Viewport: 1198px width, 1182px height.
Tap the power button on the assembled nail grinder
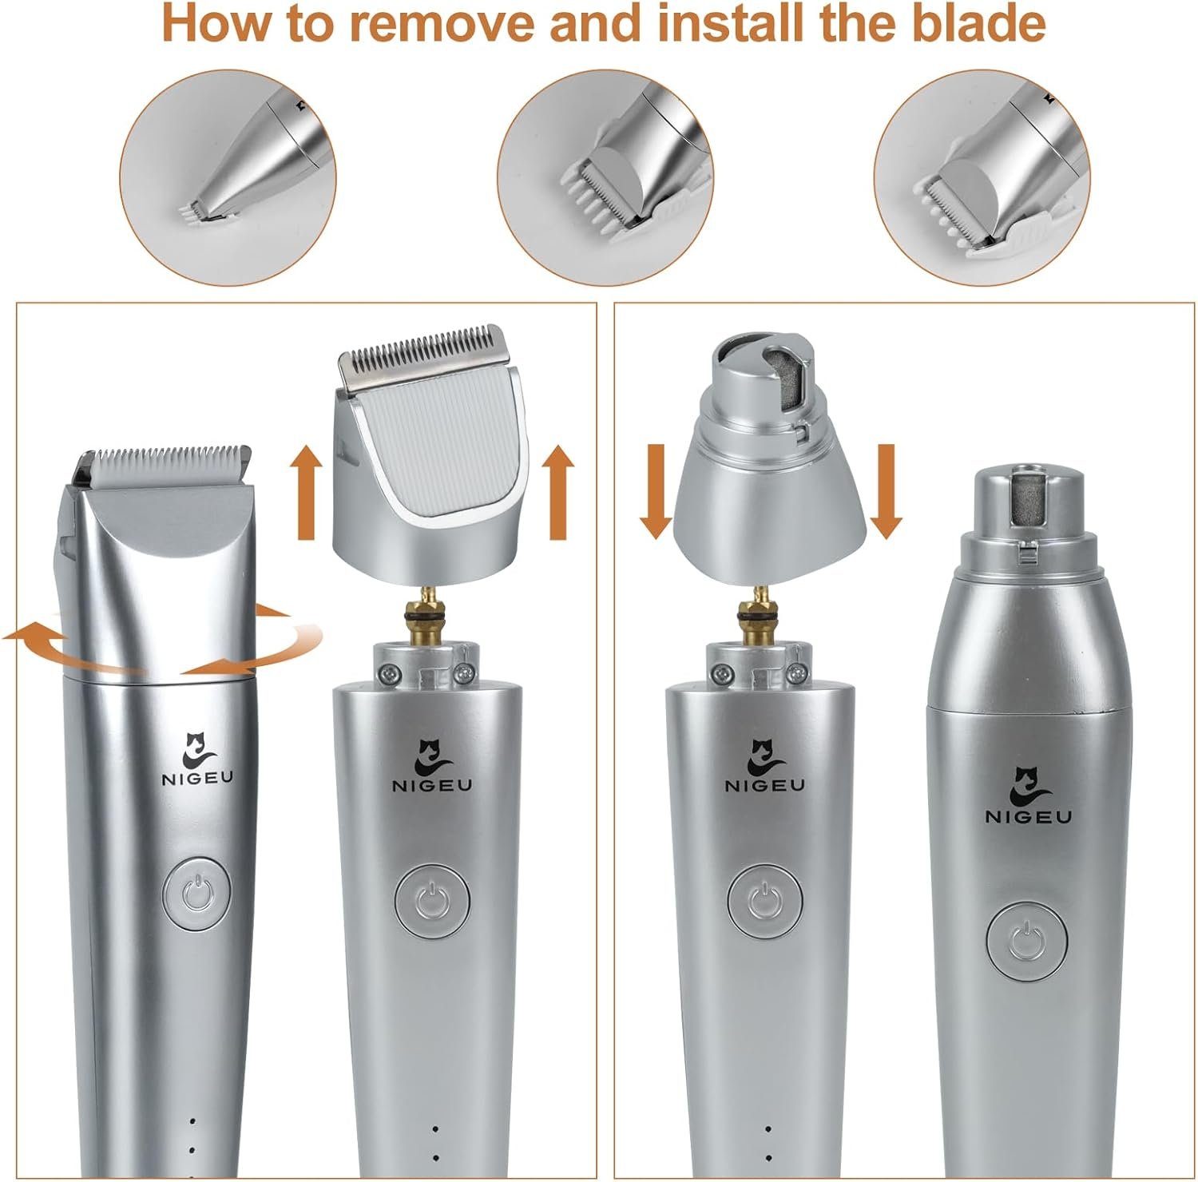coord(1026,939)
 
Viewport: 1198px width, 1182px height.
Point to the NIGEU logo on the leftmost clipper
coord(197,760)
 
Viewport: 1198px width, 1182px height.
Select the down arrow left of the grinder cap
coord(656,492)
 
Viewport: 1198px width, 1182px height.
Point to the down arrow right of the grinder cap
coord(886,492)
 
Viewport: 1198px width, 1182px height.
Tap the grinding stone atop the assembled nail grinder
coord(1027,498)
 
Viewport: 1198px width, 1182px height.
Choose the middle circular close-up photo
coord(605,176)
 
